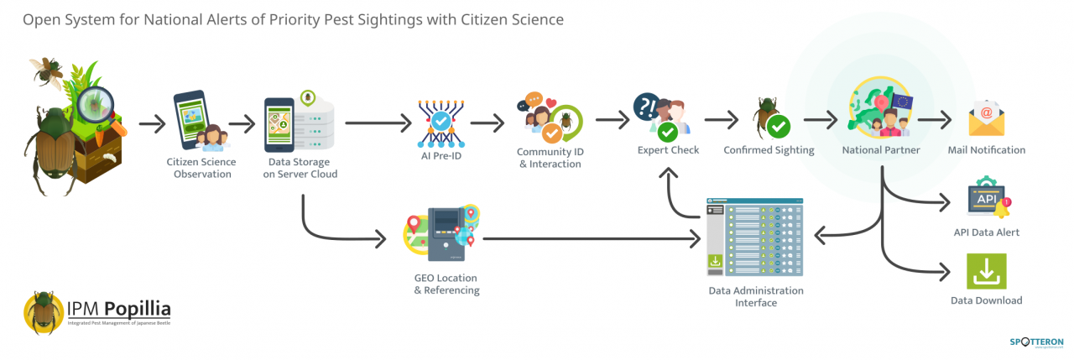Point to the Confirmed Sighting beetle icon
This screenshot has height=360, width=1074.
769,120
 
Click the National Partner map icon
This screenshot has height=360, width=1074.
880,113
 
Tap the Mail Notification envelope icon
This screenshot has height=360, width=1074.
987,119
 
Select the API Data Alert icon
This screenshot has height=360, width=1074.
988,199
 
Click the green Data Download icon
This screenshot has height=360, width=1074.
986,271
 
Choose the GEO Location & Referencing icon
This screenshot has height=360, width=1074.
446,234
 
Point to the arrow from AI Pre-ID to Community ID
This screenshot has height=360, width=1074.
487,123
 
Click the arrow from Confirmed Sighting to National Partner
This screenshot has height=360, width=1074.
819,123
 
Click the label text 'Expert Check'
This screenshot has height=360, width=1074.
668,150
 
